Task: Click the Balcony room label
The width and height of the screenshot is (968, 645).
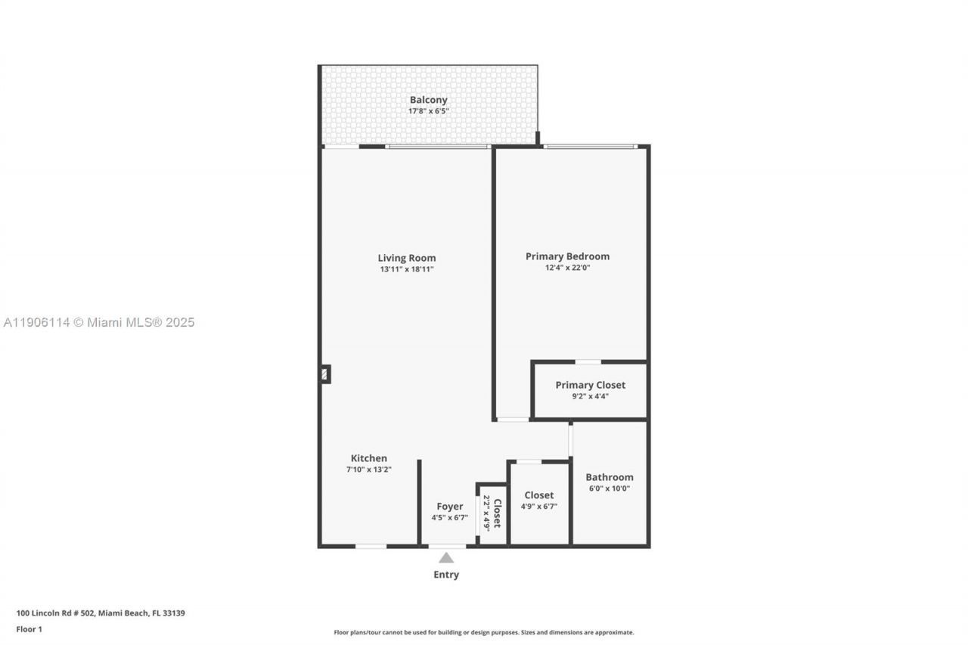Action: point(428,100)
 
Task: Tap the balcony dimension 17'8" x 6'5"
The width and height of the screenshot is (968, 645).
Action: point(428,111)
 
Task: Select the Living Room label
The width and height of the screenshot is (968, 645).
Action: point(407,258)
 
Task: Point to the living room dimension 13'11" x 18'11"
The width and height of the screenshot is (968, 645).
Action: point(407,269)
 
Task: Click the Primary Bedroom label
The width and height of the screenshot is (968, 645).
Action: point(567,256)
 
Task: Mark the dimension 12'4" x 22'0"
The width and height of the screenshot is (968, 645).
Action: point(567,268)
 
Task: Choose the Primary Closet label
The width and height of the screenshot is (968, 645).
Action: point(590,385)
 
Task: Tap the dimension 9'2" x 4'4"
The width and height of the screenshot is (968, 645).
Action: point(590,395)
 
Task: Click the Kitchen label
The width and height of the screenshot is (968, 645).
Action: point(369,458)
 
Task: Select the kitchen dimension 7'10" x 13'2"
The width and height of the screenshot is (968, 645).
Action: point(369,470)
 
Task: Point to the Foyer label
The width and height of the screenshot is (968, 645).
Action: point(449,507)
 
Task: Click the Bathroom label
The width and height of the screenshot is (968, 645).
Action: point(610,477)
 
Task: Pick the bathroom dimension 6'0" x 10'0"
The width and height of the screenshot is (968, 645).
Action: point(610,488)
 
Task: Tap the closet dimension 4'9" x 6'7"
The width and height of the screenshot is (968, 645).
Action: point(538,507)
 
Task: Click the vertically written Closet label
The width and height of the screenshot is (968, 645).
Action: point(498,513)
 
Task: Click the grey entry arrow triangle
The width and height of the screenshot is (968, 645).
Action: point(446,558)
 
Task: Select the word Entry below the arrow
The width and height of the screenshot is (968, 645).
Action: point(446,575)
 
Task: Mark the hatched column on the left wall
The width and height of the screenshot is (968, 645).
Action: point(325,374)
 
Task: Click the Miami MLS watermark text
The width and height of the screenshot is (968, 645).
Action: point(98,323)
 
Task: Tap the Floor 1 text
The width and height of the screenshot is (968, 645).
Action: point(29,629)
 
